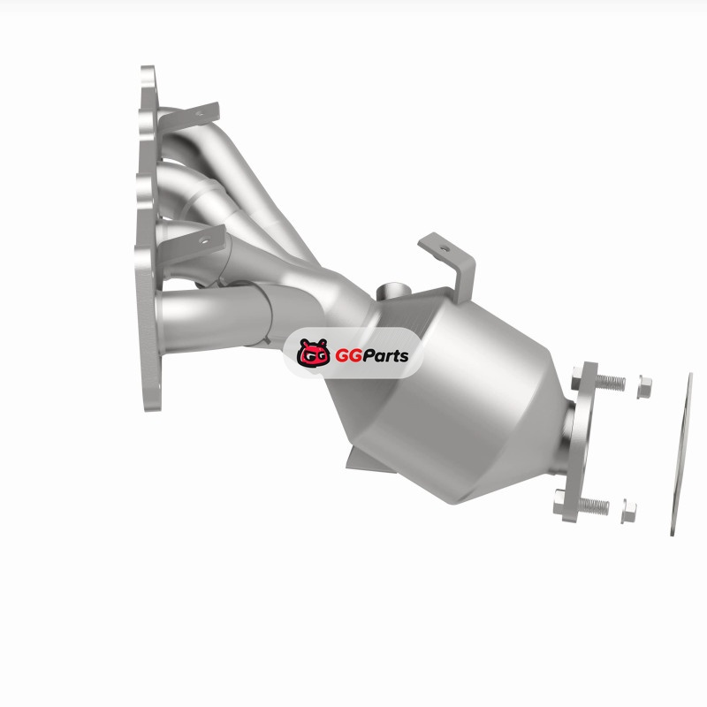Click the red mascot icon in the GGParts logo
click(313, 352)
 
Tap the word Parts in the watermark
click(385, 356)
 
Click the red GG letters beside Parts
click(348, 356)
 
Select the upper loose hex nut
click(644, 387)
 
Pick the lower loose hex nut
click(628, 511)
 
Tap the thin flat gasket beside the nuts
click(681, 454)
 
